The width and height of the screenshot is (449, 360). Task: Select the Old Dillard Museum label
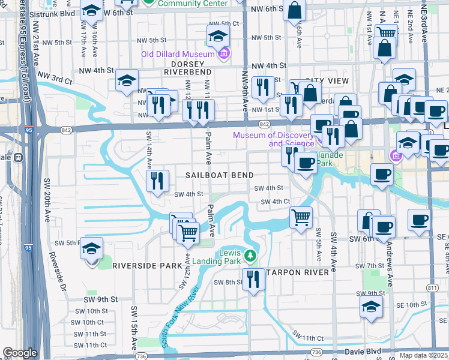coord(178,54)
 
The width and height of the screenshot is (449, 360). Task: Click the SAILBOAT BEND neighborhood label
coord(219,175)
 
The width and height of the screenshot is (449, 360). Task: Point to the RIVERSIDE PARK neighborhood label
coord(146,265)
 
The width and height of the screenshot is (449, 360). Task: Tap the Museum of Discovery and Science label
coord(273,139)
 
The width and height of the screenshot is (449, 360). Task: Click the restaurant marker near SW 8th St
coord(253,279)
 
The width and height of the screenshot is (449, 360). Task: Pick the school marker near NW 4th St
coord(127,80)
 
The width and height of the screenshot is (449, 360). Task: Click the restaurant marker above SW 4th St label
coord(157,181)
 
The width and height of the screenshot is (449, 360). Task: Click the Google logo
coord(20,353)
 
